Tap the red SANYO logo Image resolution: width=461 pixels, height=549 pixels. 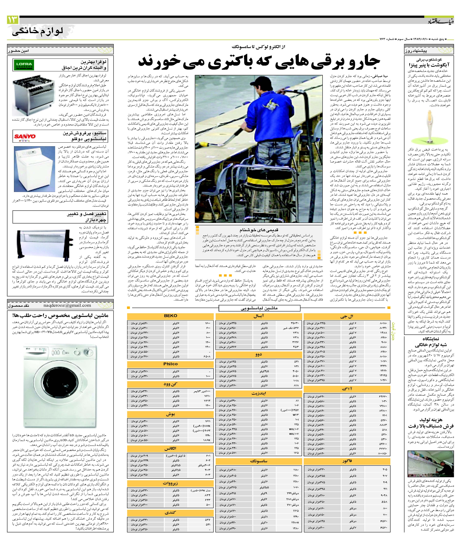(25, 136)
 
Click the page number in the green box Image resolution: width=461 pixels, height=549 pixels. (13, 20)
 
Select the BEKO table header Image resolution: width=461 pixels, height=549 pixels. (171, 316)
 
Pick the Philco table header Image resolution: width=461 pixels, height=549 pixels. (171, 364)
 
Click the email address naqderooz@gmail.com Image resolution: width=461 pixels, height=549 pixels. (67, 305)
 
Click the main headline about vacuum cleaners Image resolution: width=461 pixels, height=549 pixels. (259, 64)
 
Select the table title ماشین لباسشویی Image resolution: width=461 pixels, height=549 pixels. (259, 308)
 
